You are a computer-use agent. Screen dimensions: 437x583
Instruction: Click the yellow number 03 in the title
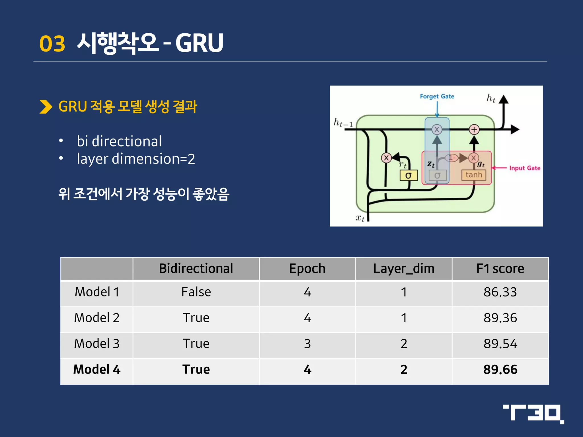(x=52, y=44)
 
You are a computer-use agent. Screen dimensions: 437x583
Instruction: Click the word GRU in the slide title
(x=199, y=43)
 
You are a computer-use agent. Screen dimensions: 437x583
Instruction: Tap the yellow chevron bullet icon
(x=46, y=107)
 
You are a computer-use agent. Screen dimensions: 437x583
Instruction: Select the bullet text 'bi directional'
(x=119, y=141)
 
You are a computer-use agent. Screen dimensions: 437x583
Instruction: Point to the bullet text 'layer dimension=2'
(x=136, y=159)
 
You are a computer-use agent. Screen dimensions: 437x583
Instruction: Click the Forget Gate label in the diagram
(x=437, y=96)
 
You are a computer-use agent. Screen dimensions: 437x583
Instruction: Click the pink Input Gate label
(x=524, y=168)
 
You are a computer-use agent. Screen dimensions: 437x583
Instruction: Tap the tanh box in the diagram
(x=474, y=175)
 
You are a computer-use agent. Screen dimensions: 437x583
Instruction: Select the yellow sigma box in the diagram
(x=408, y=175)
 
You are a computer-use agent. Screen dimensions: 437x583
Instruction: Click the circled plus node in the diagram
(x=474, y=130)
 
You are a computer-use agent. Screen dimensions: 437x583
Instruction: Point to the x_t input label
(x=360, y=218)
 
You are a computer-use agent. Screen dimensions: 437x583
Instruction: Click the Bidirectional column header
(x=196, y=269)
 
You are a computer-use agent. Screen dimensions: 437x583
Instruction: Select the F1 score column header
(x=500, y=269)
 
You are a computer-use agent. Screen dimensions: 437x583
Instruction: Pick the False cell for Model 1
(x=196, y=292)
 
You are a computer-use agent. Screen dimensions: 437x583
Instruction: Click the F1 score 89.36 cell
(x=500, y=318)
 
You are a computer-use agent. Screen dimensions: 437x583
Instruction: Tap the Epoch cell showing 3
(x=307, y=344)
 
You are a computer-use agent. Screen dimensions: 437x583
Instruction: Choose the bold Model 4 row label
(x=97, y=369)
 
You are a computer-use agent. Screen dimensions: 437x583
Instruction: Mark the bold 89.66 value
(x=500, y=369)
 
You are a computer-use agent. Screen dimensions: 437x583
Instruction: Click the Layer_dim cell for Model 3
(x=404, y=344)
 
